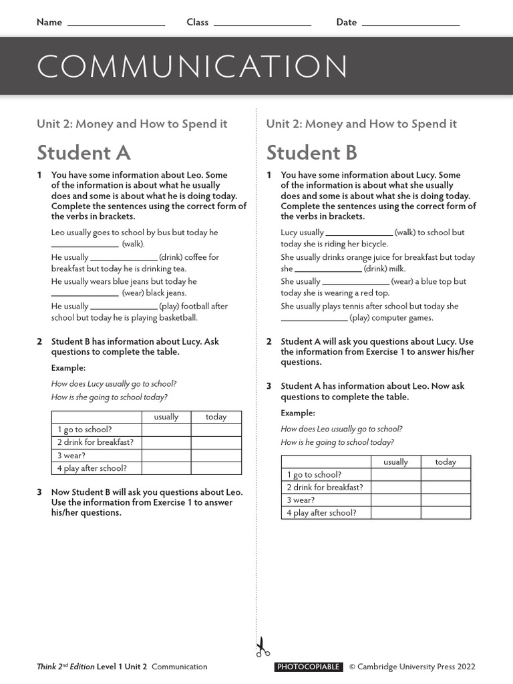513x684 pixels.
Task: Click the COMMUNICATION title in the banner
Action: (x=192, y=67)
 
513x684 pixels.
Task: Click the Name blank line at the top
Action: (x=116, y=24)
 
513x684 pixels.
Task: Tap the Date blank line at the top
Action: (x=410, y=24)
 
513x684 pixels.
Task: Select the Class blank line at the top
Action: (x=262, y=24)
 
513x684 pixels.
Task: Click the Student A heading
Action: (x=83, y=153)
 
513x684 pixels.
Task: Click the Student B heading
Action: (x=311, y=153)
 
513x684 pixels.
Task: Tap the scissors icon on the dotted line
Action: (x=262, y=647)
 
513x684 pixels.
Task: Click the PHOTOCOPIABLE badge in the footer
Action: (x=308, y=667)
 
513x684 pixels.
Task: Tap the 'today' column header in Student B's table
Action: (x=446, y=462)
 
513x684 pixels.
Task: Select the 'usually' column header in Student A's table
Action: (x=166, y=417)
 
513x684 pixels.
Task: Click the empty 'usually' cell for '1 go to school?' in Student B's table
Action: (x=395, y=475)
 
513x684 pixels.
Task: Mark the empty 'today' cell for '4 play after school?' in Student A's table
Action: (x=216, y=468)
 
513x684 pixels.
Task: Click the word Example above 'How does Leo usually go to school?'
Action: (x=297, y=413)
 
